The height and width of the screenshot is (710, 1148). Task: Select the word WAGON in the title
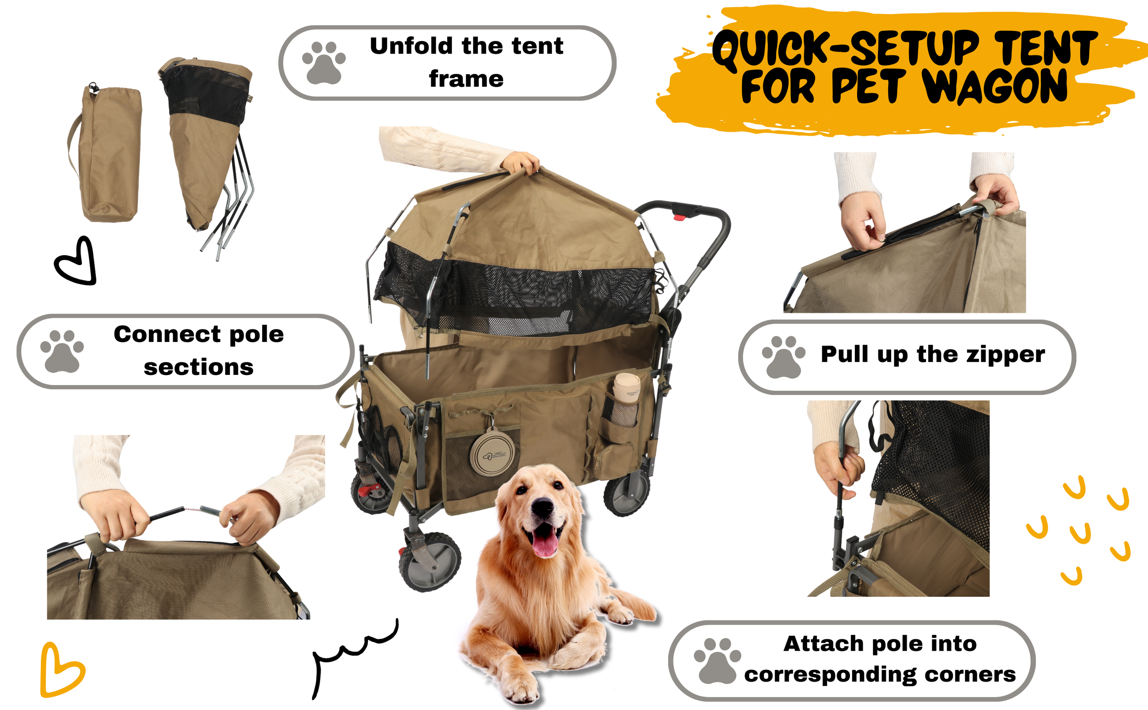coord(995,86)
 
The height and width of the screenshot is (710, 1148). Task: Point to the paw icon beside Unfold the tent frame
coord(324,63)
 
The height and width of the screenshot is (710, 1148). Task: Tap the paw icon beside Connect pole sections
coord(62,351)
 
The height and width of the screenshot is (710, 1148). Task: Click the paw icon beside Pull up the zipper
coord(783,357)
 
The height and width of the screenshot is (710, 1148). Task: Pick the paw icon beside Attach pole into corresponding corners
coord(717,661)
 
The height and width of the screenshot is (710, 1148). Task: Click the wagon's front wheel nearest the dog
coord(430,562)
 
